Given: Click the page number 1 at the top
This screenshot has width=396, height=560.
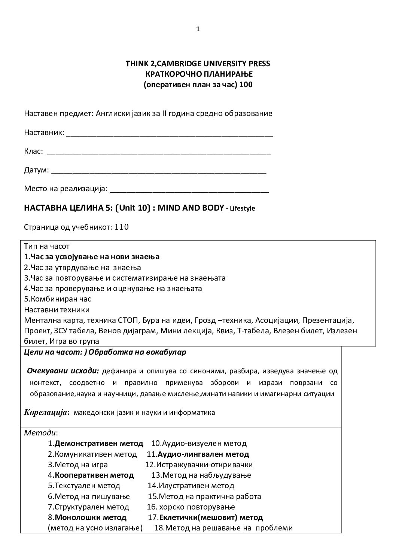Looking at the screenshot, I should pyautogui.click(x=198, y=29).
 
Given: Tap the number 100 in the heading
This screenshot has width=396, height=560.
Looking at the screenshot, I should pyautogui.click(x=246, y=85).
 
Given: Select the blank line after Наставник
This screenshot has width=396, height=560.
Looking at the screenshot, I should pyautogui.click(x=169, y=134).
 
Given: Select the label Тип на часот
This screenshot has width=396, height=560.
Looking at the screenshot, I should pyautogui.click(x=47, y=247).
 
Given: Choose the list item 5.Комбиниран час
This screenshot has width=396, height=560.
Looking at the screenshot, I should pyautogui.click(x=58, y=299).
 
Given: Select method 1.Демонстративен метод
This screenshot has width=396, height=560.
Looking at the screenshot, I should pyautogui.click(x=95, y=444).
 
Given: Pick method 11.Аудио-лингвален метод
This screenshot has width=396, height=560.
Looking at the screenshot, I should pyautogui.click(x=198, y=455).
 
